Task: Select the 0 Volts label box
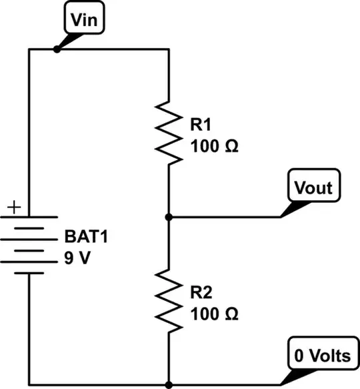pos(319,355)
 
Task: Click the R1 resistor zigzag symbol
pos(169,131)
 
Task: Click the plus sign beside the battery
pos(14,208)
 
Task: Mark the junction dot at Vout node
pos(169,217)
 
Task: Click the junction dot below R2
pos(169,384)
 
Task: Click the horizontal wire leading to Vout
pos(227,217)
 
